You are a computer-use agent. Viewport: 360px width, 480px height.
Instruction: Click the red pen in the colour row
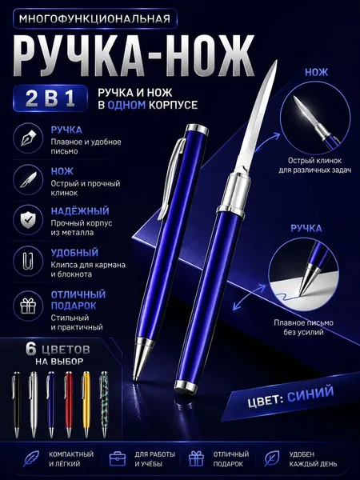(x=69, y=405)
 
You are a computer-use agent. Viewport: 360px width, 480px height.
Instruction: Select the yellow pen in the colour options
(x=86, y=405)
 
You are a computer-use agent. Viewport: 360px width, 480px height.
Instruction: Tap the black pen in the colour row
(x=16, y=405)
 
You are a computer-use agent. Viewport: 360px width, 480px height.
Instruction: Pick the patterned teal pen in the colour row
(x=104, y=405)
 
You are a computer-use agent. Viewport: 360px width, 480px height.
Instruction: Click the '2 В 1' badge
(x=50, y=98)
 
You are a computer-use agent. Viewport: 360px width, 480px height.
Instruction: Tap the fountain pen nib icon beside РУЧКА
(x=28, y=138)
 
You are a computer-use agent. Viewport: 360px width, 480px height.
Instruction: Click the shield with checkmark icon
(x=28, y=219)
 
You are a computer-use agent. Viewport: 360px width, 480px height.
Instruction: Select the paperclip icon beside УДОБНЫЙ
(x=28, y=261)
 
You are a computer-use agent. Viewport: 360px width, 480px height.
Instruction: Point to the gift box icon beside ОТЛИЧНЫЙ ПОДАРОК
(x=28, y=306)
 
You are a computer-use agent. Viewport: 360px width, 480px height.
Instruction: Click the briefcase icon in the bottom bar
(x=118, y=459)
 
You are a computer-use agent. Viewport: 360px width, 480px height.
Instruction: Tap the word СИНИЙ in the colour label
(x=310, y=394)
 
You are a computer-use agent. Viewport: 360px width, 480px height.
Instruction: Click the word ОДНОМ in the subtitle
(x=126, y=105)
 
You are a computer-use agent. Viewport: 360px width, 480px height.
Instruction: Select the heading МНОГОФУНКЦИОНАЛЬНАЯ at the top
(x=94, y=19)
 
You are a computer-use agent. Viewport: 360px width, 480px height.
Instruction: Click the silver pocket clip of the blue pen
(x=171, y=178)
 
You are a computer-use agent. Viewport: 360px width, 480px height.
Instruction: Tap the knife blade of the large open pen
(x=257, y=118)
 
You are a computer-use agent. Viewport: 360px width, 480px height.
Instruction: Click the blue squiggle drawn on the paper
(x=286, y=297)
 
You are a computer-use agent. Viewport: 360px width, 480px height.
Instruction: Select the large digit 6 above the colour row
(x=31, y=349)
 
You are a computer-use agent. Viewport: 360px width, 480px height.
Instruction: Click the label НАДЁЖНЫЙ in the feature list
(x=80, y=211)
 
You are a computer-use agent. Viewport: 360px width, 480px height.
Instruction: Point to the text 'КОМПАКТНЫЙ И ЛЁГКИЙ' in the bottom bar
(x=71, y=459)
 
